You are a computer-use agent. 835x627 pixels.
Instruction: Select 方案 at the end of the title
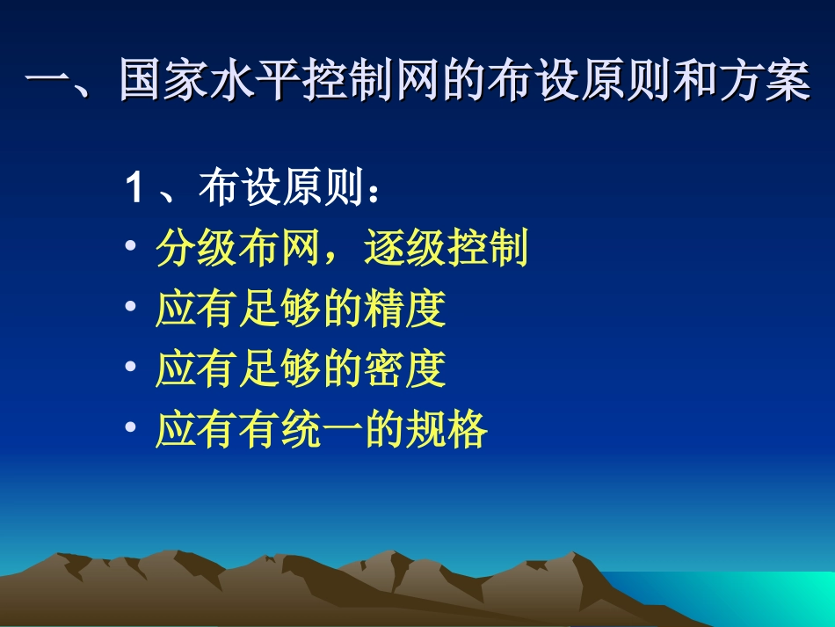click(x=765, y=84)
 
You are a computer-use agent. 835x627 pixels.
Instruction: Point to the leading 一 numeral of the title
click(x=47, y=84)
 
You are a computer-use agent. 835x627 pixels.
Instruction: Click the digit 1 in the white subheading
click(x=135, y=189)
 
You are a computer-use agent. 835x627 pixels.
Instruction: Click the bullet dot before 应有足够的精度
click(x=130, y=307)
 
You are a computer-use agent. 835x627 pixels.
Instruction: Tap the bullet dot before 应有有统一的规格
click(x=130, y=428)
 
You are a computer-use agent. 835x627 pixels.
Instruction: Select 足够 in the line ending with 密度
click(x=279, y=369)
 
